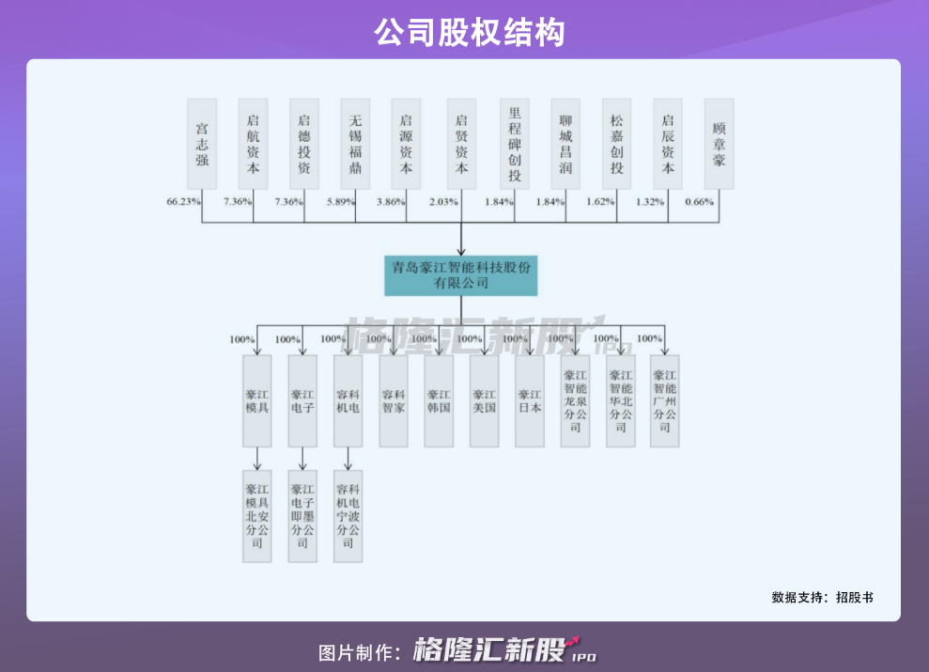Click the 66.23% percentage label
click(183, 202)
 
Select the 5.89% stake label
click(341, 202)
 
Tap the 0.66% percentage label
click(699, 202)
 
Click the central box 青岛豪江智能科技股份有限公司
click(461, 275)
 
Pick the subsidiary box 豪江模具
click(257, 401)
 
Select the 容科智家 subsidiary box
click(394, 401)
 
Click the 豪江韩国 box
click(439, 401)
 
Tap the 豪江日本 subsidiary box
click(530, 401)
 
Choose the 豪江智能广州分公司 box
click(665, 401)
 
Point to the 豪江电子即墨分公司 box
click(302, 516)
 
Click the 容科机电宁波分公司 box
click(348, 516)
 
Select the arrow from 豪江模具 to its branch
click(257, 459)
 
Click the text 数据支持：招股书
click(822, 597)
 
